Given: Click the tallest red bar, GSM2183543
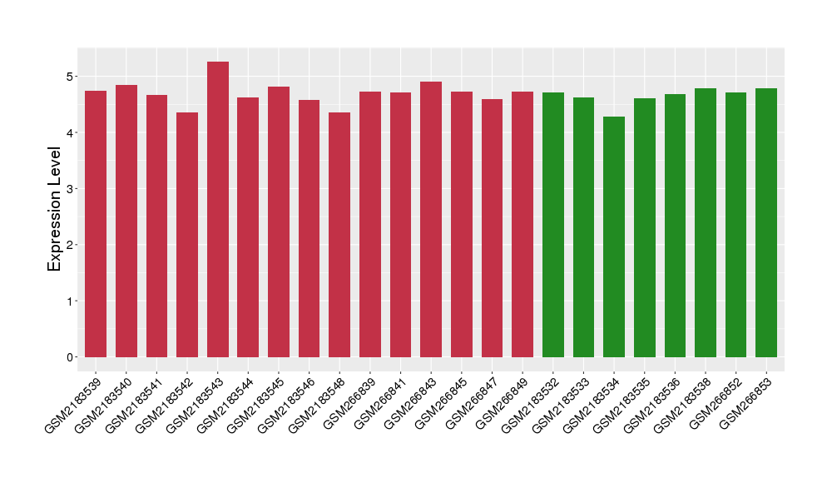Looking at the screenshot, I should (218, 209).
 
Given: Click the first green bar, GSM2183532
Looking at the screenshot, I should (553, 225).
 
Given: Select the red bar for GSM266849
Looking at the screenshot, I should (522, 224).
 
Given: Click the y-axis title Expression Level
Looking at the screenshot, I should (55, 209).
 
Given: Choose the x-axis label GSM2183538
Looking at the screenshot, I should (684, 403).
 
